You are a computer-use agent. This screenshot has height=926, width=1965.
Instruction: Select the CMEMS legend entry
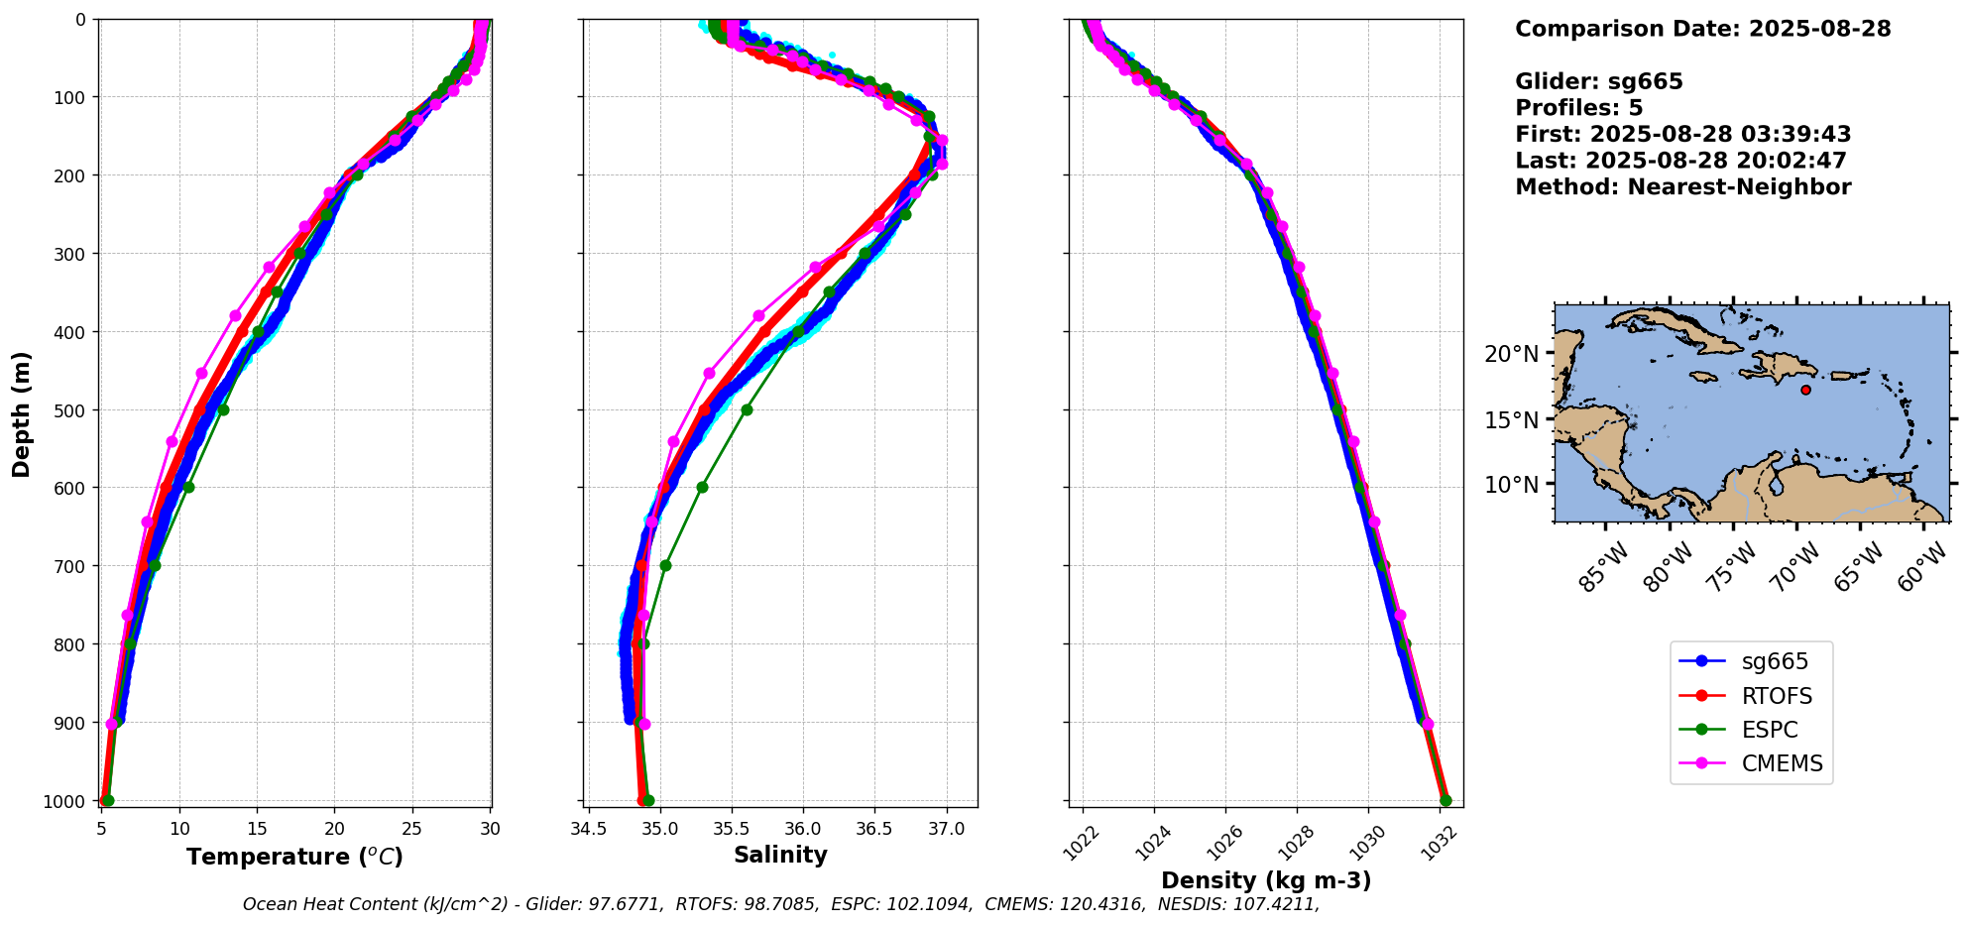tap(1782, 764)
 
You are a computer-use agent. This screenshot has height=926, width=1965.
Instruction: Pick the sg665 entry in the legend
tap(1775, 662)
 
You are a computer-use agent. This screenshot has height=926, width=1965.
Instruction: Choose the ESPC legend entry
tap(1769, 731)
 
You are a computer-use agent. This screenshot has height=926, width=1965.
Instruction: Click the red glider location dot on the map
tap(1805, 390)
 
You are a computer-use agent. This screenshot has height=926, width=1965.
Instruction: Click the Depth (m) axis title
tap(22, 413)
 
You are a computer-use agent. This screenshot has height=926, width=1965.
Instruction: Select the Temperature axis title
tap(294, 857)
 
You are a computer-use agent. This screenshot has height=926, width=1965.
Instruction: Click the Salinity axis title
tap(780, 855)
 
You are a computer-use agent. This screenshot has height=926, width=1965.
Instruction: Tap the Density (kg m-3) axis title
tap(1266, 880)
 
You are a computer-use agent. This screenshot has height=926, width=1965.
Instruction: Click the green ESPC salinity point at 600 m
tap(702, 487)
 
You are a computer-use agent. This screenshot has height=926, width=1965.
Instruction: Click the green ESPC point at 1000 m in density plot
tap(1445, 800)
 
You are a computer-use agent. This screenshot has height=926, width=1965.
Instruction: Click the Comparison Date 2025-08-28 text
tap(1702, 29)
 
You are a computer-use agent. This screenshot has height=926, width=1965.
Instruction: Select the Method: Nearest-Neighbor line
tap(1682, 186)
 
